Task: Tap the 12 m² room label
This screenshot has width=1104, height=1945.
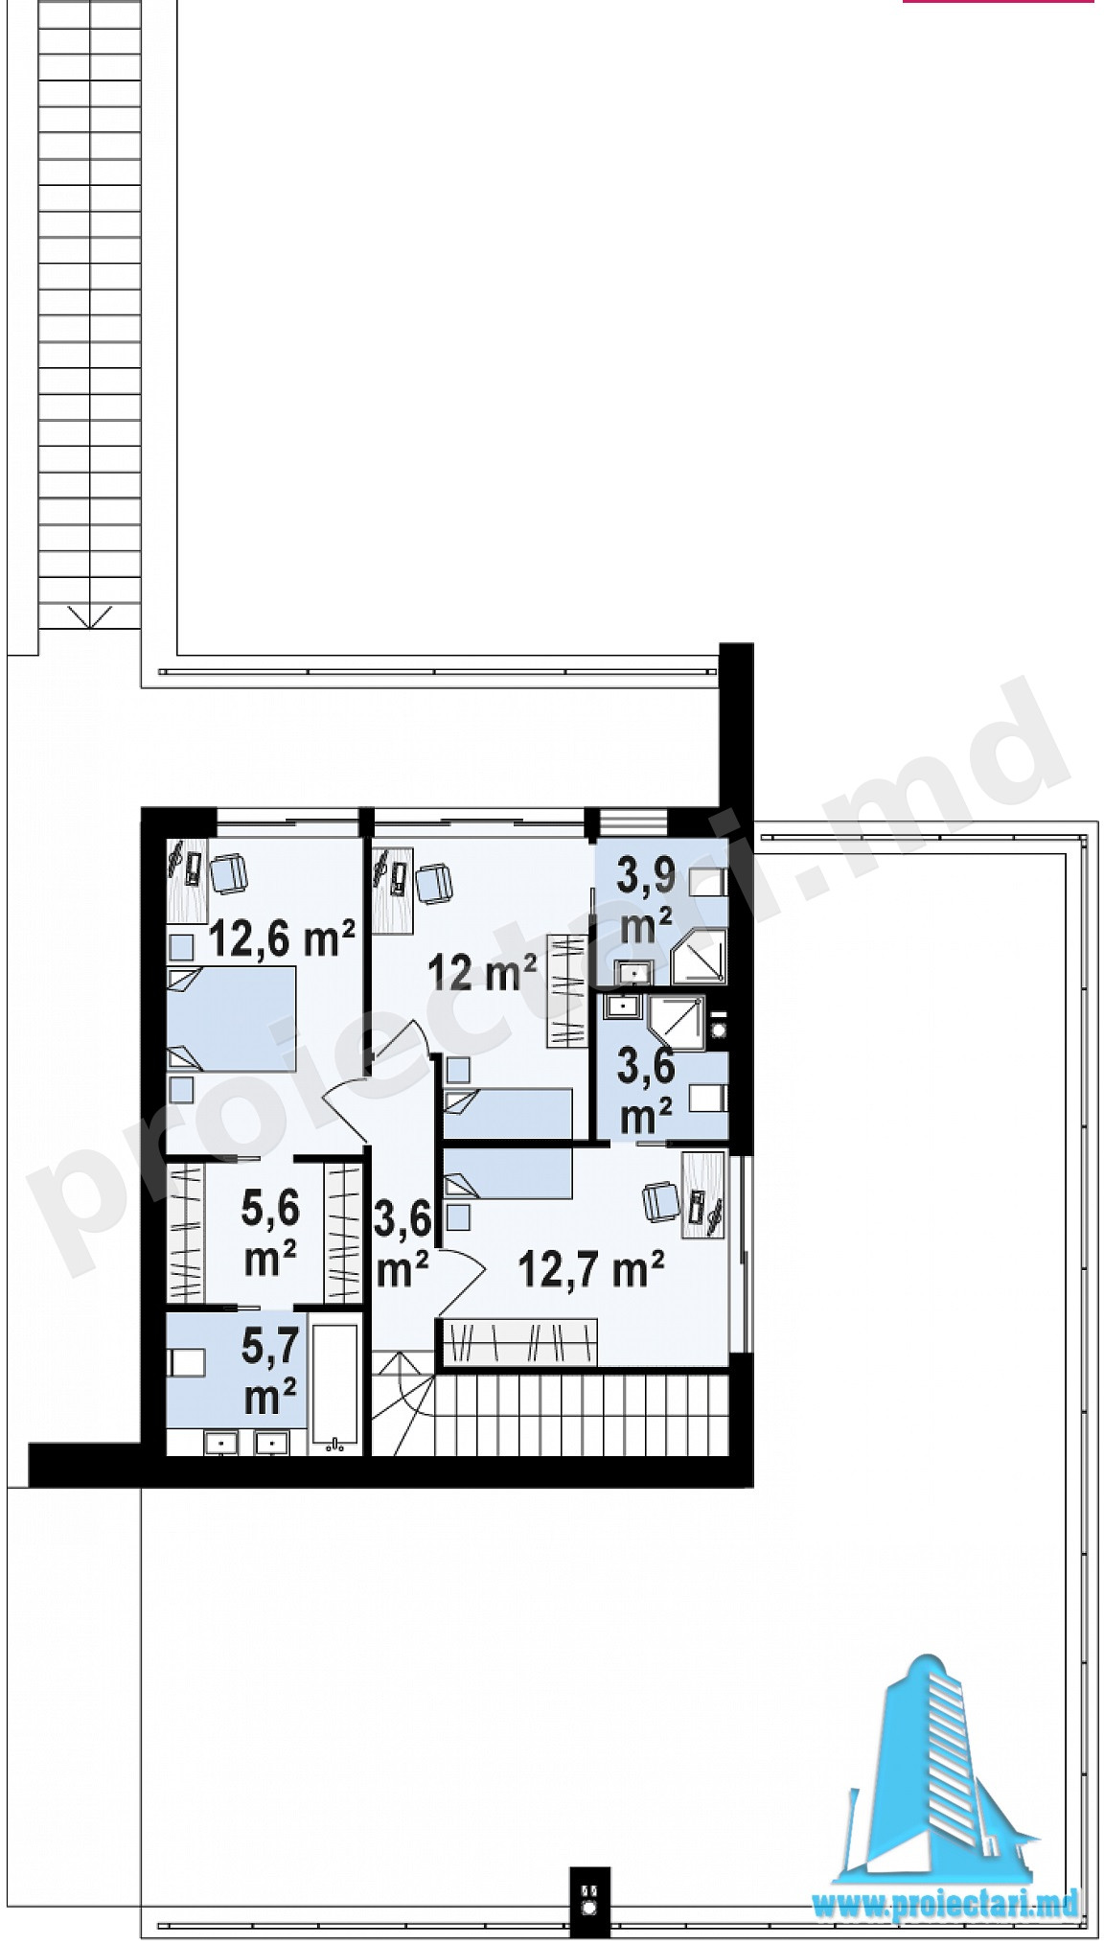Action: point(480,973)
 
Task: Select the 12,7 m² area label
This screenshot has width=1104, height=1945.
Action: point(590,1270)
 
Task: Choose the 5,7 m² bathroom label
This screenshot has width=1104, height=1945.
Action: point(270,1372)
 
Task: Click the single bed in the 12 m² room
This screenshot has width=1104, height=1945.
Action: point(508,1113)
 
